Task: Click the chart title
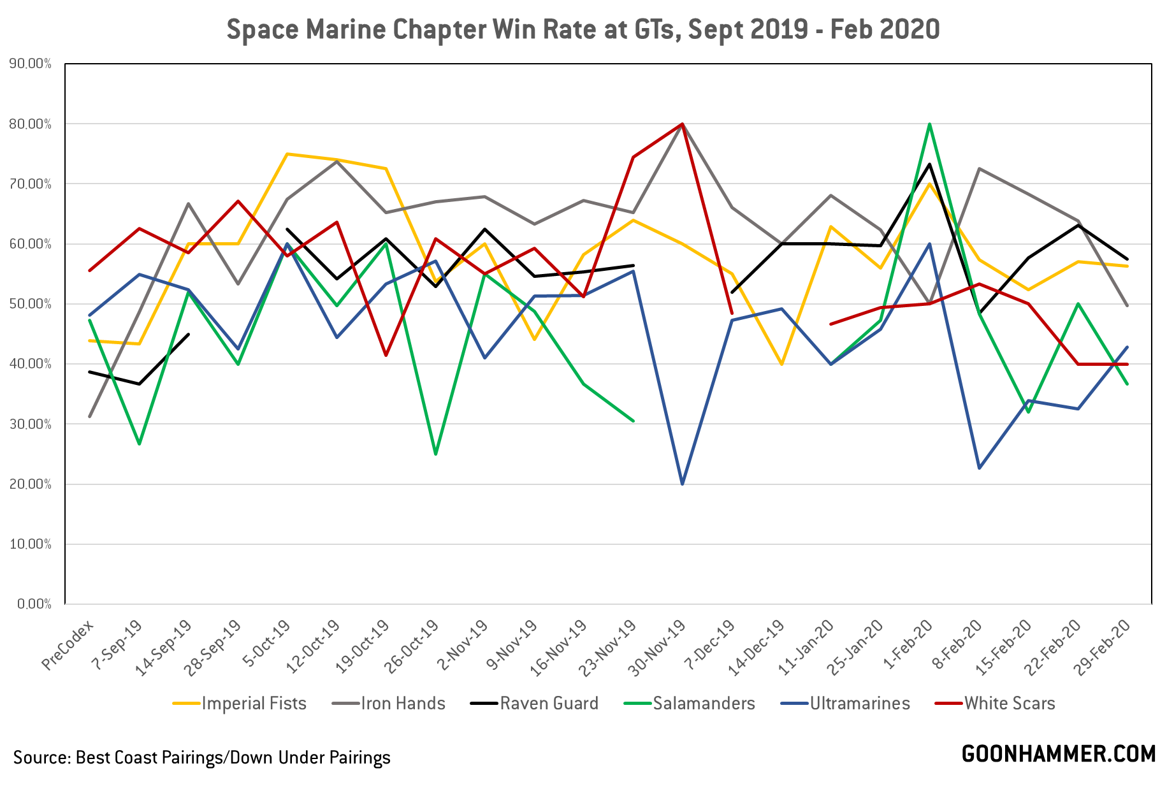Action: pyautogui.click(x=583, y=30)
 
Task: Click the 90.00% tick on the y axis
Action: pyautogui.click(x=31, y=64)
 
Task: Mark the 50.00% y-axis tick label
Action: pyautogui.click(x=31, y=304)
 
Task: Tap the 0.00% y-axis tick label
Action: pyautogui.click(x=33, y=604)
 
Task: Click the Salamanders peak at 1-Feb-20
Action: pyautogui.click(x=930, y=124)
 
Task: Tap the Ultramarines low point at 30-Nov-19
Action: pyautogui.click(x=683, y=484)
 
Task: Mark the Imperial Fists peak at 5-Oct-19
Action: pyautogui.click(x=287, y=154)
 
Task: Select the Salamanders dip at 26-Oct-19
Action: pyautogui.click(x=435, y=454)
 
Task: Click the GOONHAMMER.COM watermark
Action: pyautogui.click(x=1058, y=754)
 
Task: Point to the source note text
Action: pyautogui.click(x=201, y=757)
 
